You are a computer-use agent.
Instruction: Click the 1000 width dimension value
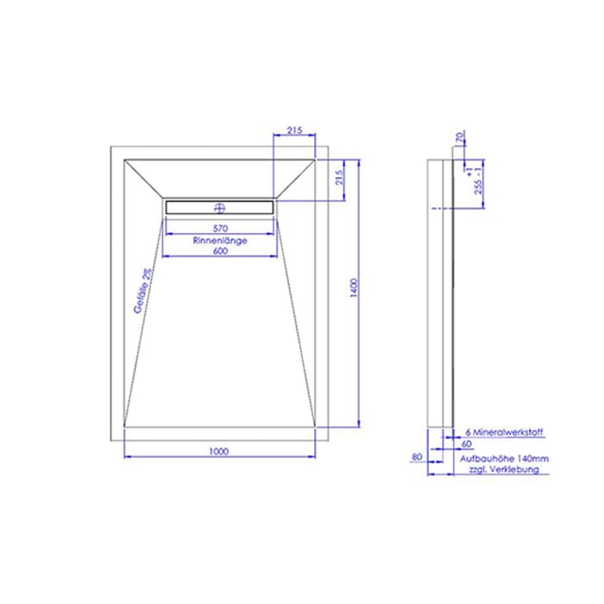(x=218, y=450)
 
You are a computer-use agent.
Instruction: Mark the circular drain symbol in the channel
(x=219, y=207)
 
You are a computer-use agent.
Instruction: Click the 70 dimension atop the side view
(x=461, y=135)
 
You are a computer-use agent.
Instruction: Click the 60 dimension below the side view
(x=466, y=443)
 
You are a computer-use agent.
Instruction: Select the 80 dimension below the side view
(x=418, y=458)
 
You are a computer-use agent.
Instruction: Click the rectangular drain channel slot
(x=219, y=207)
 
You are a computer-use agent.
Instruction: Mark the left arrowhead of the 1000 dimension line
(x=128, y=456)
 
